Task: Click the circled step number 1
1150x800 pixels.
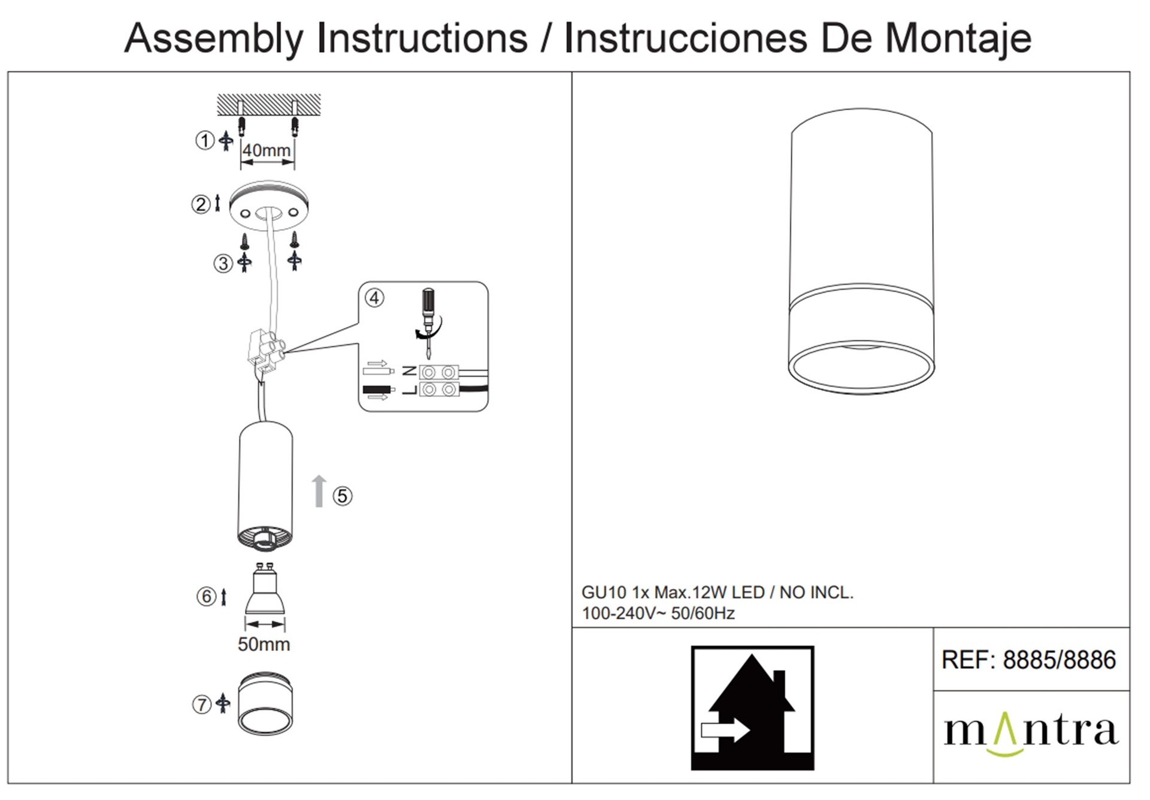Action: (205, 141)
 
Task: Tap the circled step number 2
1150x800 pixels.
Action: (201, 204)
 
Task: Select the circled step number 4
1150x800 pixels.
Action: (374, 298)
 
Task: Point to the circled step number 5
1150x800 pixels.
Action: (343, 496)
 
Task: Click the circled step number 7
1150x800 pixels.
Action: (201, 705)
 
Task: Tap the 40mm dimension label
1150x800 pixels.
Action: (267, 150)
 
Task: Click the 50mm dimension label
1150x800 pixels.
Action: (264, 644)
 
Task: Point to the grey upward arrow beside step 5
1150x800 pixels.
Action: (319, 491)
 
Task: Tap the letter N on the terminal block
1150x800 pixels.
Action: (410, 372)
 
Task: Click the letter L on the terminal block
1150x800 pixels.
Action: (410, 390)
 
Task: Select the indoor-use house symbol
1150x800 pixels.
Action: (752, 708)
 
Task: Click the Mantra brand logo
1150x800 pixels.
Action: (1031, 733)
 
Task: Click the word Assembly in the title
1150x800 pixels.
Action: (214, 39)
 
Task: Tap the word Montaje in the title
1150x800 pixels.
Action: (958, 39)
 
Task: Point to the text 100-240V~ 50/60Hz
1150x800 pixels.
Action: (658, 614)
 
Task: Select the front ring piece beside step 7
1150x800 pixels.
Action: (265, 704)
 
